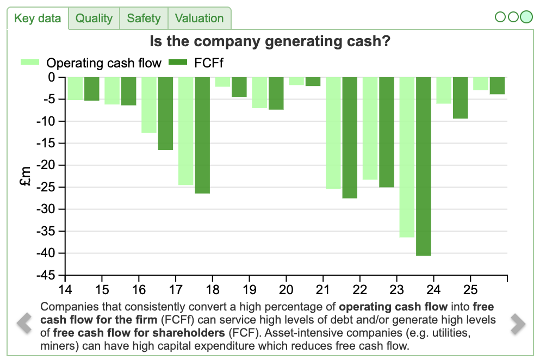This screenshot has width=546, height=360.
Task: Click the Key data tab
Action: click(38, 18)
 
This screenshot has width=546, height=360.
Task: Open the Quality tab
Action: click(94, 18)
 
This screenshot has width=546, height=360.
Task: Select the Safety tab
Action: click(144, 18)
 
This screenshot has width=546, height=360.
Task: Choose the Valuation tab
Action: click(200, 18)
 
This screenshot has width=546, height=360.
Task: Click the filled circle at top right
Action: click(526, 17)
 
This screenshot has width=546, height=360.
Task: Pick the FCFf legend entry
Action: click(209, 63)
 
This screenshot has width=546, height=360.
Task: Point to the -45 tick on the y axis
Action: click(52, 275)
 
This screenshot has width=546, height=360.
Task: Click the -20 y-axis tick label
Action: click(52, 165)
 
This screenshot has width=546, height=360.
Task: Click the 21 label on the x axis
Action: click(323, 288)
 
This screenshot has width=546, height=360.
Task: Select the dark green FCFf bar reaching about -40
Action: click(424, 166)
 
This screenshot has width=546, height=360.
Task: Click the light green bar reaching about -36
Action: click(407, 157)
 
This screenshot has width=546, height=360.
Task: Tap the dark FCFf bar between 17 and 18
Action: click(202, 135)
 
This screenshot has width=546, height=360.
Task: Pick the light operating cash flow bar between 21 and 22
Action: click(333, 133)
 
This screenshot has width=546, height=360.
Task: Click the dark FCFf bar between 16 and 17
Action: click(165, 114)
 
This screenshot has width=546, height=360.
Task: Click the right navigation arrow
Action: click(518, 324)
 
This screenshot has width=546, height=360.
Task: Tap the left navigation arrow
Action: click(24, 324)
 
